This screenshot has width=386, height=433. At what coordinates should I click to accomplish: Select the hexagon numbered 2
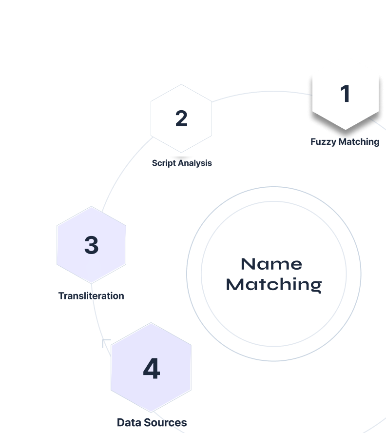coord(181,118)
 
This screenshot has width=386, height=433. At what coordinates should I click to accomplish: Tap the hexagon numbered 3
coord(91,244)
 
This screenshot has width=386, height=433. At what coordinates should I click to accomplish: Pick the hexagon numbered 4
coord(151,367)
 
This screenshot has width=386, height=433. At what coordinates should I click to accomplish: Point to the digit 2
coord(181,118)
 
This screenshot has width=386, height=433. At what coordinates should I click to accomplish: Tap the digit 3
coord(91,245)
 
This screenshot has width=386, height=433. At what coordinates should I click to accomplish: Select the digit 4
coord(151,369)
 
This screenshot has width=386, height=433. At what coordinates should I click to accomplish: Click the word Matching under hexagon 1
coord(359,142)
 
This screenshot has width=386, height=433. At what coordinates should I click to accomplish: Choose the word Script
coord(163,163)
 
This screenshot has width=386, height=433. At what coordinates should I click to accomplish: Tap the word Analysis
coord(195,163)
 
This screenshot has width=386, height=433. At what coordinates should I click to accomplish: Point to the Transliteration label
coord(91,296)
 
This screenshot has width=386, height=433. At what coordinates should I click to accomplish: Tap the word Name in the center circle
coord(271,264)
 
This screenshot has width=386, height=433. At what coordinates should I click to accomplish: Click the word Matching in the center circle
coord(274,284)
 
